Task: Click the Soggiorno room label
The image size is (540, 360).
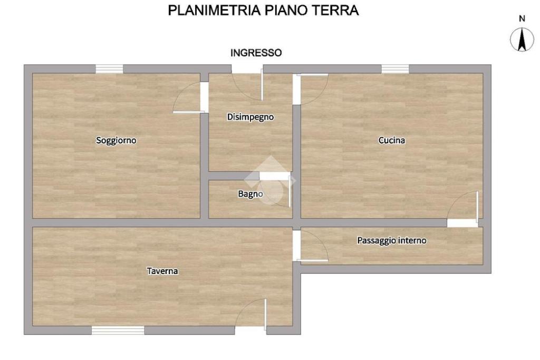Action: click(x=116, y=140)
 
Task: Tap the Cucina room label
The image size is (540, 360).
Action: click(x=392, y=140)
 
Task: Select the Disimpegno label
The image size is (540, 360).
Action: click(x=250, y=117)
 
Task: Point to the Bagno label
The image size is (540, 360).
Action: click(x=250, y=194)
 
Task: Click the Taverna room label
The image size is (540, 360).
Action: click(x=162, y=271)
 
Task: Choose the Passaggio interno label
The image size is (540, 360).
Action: click(x=392, y=240)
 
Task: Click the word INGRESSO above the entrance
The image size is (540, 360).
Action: click(x=256, y=53)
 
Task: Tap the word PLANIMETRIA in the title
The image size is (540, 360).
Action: click(x=214, y=11)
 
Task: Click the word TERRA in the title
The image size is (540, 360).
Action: click(x=335, y=11)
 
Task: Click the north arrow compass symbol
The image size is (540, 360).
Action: click(x=522, y=39)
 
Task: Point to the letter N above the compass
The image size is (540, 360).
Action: click(x=522, y=18)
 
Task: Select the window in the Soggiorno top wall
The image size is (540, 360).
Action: click(x=109, y=69)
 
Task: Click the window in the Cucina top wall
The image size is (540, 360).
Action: click(x=395, y=69)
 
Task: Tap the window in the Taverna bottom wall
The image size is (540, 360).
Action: click(x=118, y=330)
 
